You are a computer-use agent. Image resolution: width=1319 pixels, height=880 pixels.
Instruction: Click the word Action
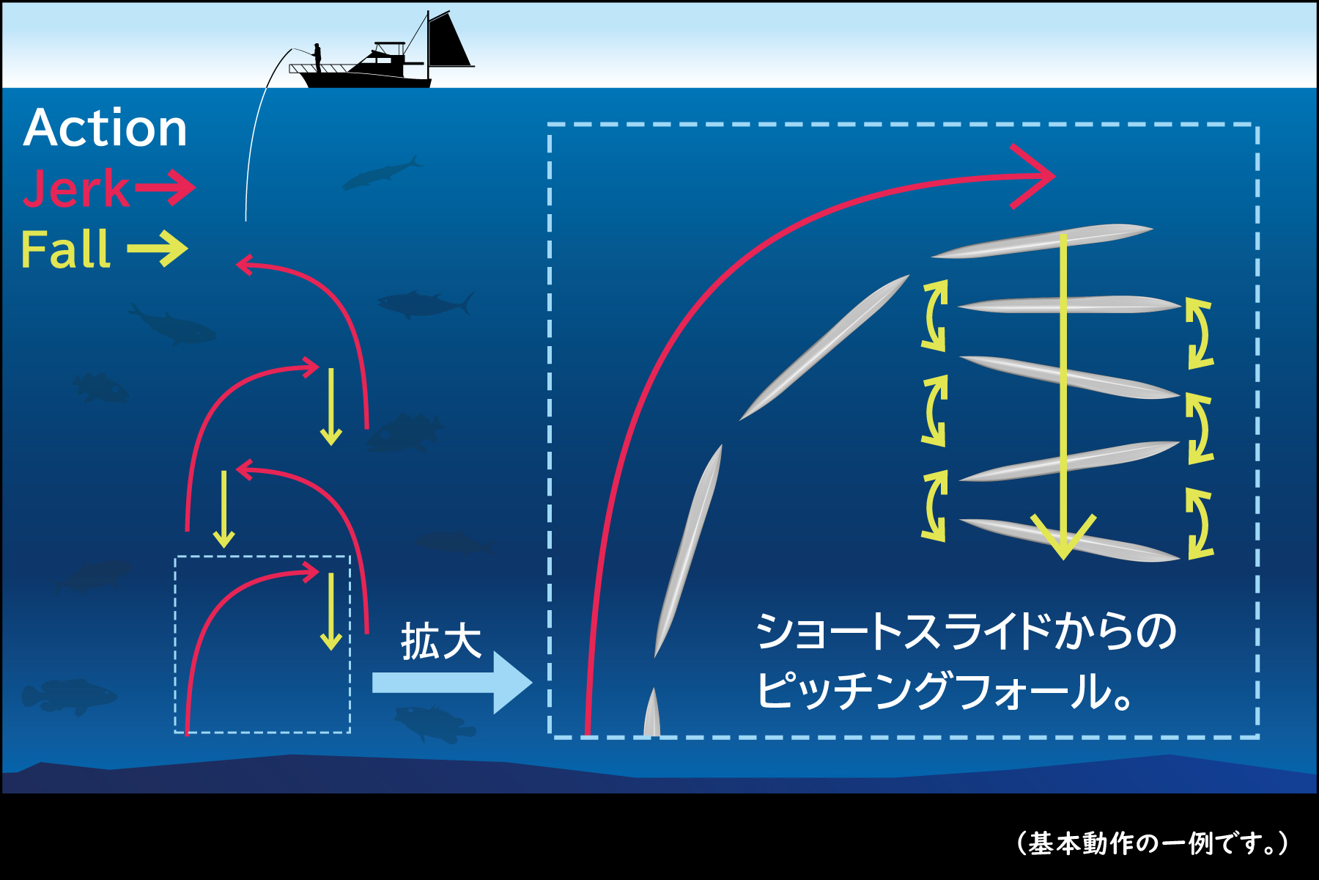click(106, 128)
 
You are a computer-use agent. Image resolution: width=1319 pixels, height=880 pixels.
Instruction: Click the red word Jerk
click(76, 188)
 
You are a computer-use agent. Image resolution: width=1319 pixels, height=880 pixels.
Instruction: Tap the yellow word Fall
click(66, 249)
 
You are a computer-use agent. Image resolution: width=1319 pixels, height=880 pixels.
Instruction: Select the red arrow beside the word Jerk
click(165, 188)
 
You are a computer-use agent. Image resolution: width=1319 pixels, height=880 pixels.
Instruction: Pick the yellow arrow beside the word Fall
click(158, 249)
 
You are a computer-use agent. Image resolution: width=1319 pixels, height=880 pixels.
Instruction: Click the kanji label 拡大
click(441, 642)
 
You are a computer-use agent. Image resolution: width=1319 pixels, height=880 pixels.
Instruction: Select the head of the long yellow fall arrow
click(1063, 539)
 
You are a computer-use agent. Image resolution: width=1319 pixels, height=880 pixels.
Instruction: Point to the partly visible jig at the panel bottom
click(651, 715)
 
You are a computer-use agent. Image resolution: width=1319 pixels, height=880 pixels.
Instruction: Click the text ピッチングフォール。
click(945, 691)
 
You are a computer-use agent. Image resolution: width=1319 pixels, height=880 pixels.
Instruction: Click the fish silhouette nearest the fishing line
click(381, 174)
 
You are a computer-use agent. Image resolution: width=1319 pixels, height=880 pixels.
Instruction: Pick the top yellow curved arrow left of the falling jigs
click(935, 315)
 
